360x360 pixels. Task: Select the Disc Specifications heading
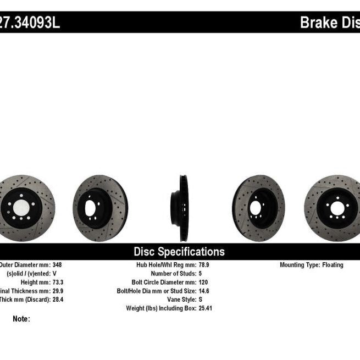click(x=179, y=252)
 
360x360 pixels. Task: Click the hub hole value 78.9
click(x=204, y=265)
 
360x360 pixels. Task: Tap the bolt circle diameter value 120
click(x=204, y=281)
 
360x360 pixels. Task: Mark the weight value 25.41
click(x=206, y=308)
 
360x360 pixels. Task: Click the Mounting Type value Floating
click(x=332, y=265)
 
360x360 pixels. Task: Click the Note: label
click(x=21, y=319)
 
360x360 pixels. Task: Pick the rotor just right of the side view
click(x=258, y=208)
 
